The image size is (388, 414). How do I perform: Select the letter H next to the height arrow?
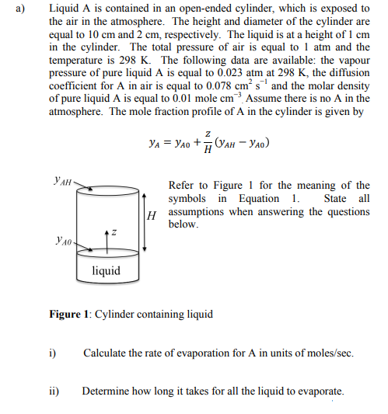pos(153,215)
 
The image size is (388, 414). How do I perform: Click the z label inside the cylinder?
pos(114,232)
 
